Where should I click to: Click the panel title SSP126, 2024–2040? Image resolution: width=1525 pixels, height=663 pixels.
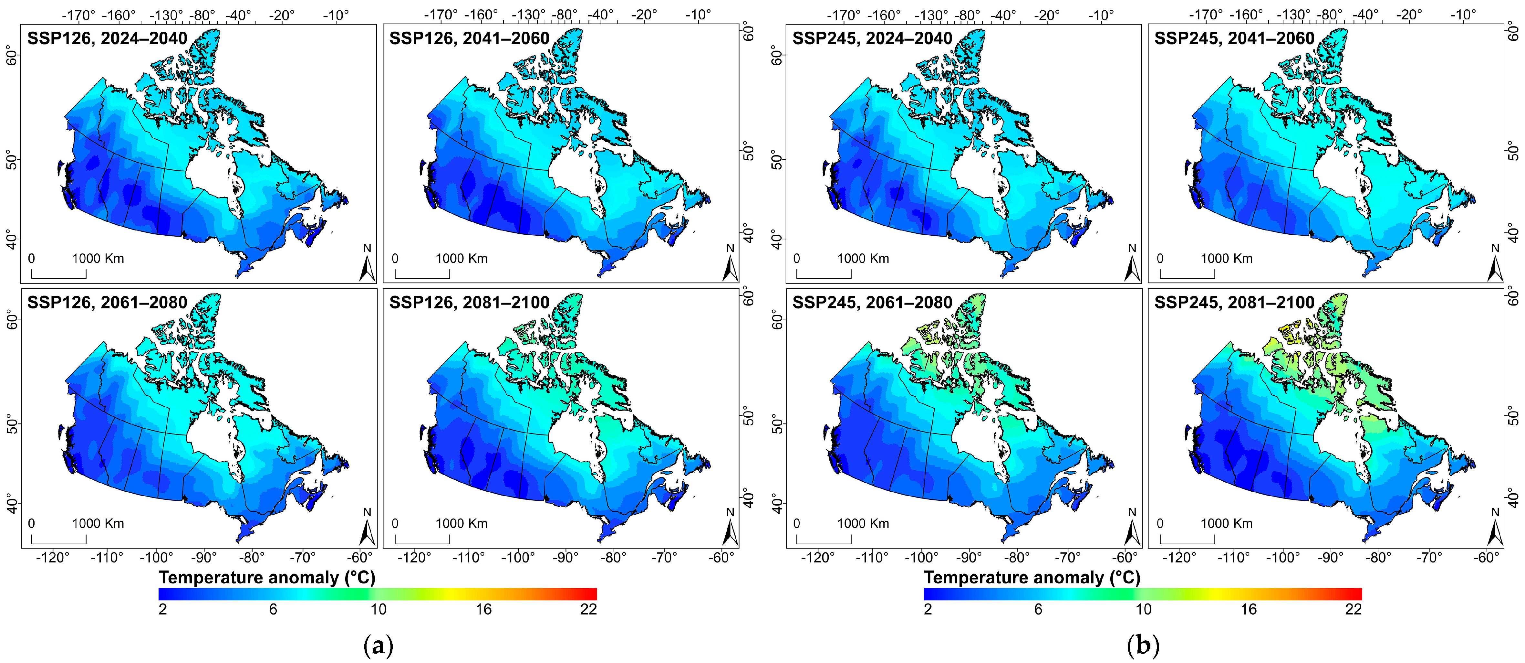pyautogui.click(x=107, y=38)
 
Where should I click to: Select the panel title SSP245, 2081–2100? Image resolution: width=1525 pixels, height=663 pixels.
pyautogui.click(x=1234, y=303)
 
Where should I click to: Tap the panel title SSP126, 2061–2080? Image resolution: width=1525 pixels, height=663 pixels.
pyautogui.click(x=107, y=303)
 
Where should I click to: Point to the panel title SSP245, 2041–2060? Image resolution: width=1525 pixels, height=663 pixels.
pyautogui.click(x=1234, y=38)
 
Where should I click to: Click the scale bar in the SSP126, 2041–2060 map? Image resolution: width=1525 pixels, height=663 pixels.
pyautogui.click(x=422, y=274)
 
